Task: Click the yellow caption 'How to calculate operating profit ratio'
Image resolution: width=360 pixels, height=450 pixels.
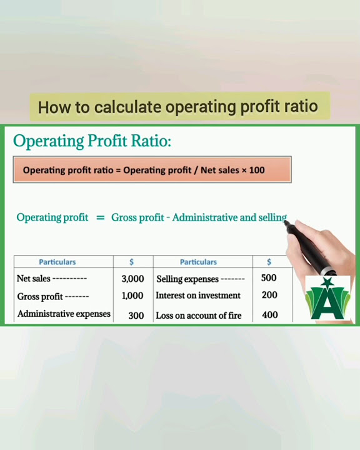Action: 178,107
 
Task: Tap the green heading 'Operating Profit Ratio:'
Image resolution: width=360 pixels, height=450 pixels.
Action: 92,141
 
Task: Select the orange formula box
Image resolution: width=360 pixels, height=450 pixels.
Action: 152,169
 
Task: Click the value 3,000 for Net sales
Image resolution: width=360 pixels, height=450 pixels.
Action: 132,279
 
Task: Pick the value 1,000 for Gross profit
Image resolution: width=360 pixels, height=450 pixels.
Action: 132,296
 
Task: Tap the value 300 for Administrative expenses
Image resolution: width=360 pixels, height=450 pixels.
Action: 136,316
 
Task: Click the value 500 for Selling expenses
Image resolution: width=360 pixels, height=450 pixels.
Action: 269,278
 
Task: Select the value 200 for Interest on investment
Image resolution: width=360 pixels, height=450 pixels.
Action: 269,295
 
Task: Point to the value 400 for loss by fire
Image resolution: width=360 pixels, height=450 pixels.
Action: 270,315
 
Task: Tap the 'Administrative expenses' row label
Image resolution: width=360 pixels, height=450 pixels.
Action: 64,314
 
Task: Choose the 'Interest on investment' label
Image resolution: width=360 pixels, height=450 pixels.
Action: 198,295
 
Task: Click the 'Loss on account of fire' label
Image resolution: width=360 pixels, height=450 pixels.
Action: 199,316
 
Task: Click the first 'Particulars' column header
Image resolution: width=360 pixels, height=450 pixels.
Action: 57,262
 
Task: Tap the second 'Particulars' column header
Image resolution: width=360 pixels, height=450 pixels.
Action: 198,262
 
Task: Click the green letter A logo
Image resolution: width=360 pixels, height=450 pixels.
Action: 327,300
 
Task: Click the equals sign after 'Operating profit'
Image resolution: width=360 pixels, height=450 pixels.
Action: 100,217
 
